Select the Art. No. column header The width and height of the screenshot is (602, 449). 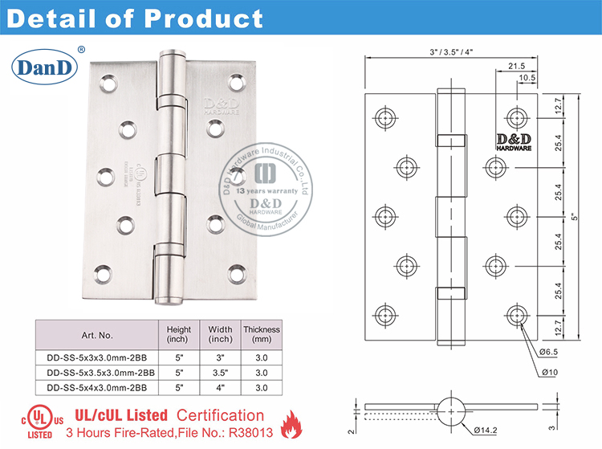(x=96, y=335)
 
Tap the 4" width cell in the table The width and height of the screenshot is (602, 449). (x=220, y=388)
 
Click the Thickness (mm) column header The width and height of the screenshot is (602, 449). (x=262, y=334)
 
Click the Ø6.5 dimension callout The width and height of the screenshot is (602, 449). (x=549, y=351)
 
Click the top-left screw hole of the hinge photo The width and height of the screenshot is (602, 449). (x=108, y=81)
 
